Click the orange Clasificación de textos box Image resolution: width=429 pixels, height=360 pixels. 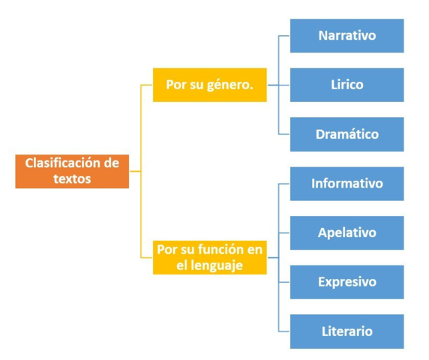(x=72, y=171)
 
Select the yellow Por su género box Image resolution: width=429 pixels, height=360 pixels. (x=209, y=85)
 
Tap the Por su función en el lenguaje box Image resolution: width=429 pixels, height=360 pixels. (x=209, y=257)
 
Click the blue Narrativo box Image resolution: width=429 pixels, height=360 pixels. (x=346, y=36)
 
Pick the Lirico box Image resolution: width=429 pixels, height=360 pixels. (x=346, y=85)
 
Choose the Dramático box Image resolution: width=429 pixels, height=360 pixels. (x=346, y=134)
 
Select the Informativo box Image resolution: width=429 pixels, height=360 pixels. (x=346, y=184)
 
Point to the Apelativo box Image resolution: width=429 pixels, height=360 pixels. (x=346, y=232)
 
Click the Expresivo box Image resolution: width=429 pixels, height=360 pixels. (x=346, y=282)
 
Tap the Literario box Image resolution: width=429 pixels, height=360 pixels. (x=346, y=331)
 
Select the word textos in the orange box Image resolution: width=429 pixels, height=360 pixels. (x=72, y=179)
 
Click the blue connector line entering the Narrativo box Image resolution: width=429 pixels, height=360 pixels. (x=284, y=36)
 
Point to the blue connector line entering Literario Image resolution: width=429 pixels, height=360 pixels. (x=284, y=331)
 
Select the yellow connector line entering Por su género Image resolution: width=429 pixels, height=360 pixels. (x=147, y=85)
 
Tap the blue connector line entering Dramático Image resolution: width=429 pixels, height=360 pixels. (x=284, y=134)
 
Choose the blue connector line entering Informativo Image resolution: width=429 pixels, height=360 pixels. (x=284, y=184)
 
